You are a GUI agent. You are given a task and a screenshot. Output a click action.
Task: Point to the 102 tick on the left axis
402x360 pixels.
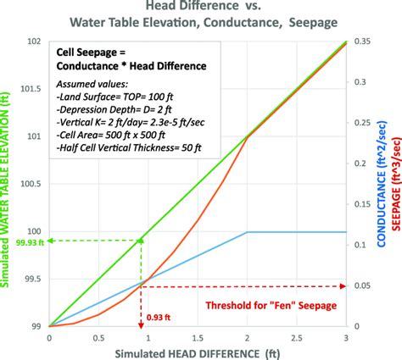[35, 41]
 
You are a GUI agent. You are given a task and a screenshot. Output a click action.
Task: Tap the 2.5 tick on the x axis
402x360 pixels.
[298, 336]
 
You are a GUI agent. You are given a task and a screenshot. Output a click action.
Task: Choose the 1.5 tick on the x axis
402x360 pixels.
[198, 336]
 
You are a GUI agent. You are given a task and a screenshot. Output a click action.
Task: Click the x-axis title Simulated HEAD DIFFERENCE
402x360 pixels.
[198, 352]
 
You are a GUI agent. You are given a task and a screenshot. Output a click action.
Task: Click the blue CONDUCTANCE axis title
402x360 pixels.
[379, 182]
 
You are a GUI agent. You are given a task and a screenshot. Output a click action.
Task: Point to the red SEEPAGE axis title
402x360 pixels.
[394, 182]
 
